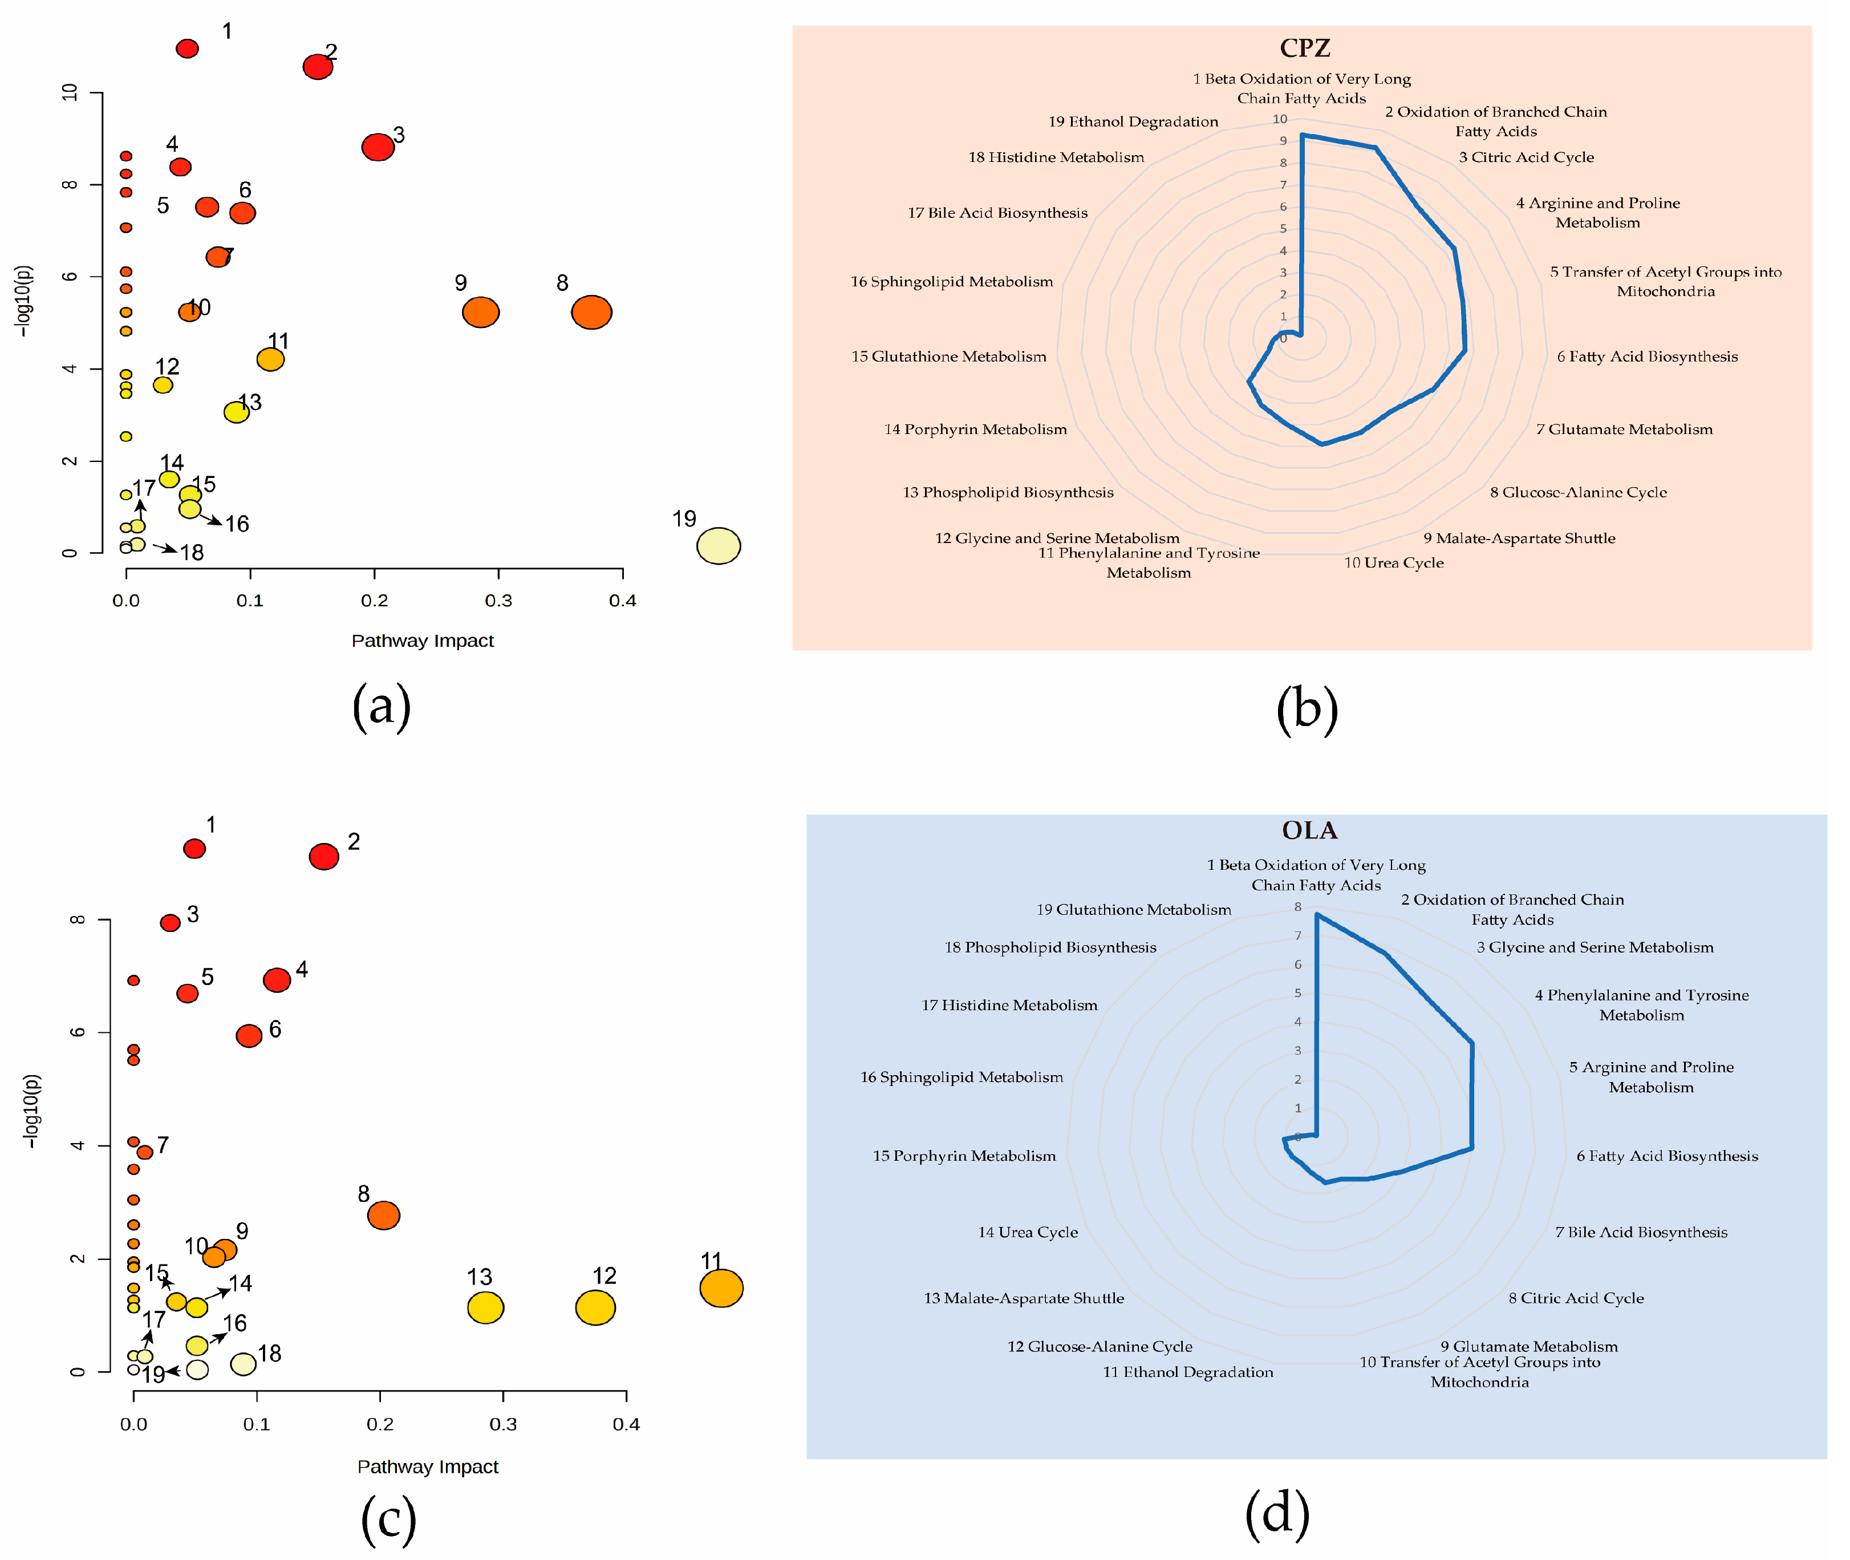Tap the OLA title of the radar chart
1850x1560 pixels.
tap(1310, 830)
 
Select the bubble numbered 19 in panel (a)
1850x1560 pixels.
tap(718, 546)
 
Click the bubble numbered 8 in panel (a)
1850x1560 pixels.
tap(591, 312)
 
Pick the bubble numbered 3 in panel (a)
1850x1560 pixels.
tap(378, 147)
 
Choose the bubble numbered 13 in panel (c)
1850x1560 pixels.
tap(485, 1307)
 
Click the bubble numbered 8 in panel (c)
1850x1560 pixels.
tap(383, 1215)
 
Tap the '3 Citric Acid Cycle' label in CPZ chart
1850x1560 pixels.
tap(1526, 157)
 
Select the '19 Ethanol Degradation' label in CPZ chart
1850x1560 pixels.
tap(1133, 122)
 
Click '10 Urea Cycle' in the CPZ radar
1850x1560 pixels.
tap(1394, 562)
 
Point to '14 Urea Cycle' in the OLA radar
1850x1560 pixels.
tap(1028, 1232)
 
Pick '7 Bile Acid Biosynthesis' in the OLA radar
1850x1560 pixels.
tap(1641, 1232)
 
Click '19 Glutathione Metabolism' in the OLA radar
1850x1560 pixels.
tap(1134, 909)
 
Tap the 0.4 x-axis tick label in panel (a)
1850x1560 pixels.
tap(623, 601)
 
